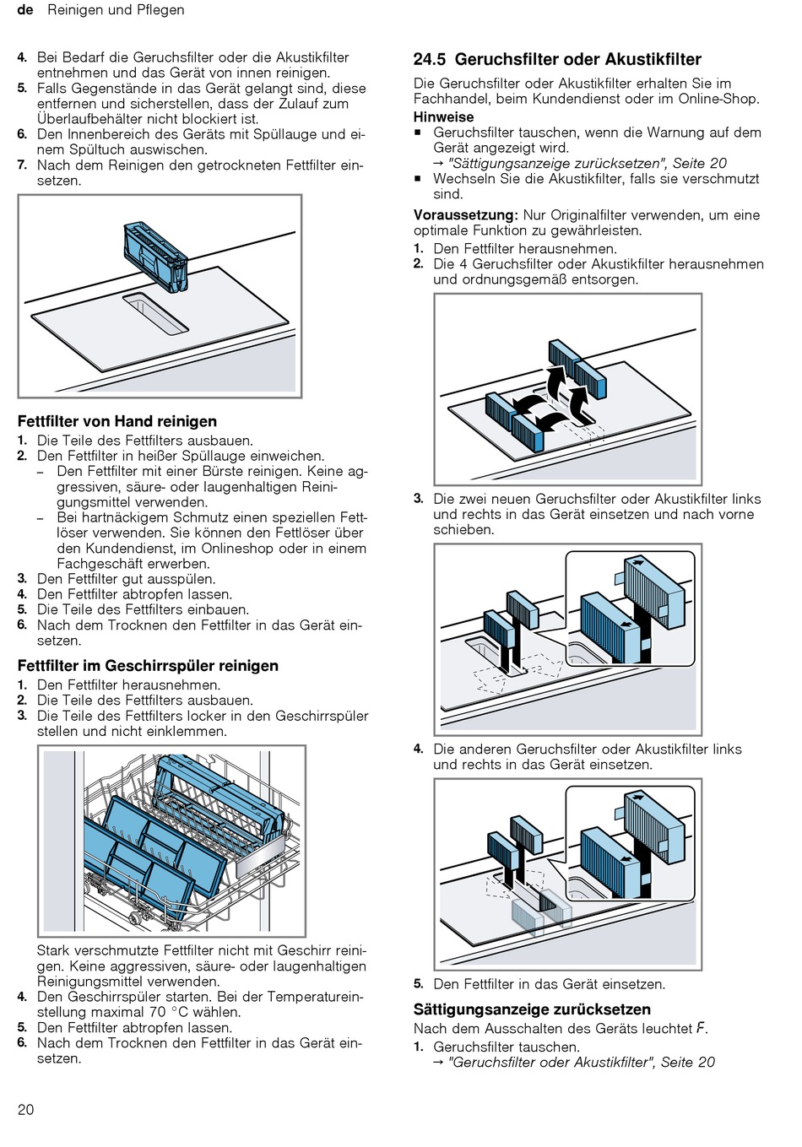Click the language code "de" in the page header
pyautogui.click(x=25, y=10)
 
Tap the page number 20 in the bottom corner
pyautogui.click(x=26, y=1109)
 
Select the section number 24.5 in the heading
pyautogui.click(x=430, y=60)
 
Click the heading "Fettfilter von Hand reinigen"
pyautogui.click(x=117, y=421)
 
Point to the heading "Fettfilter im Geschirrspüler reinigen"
pyautogui.click(x=148, y=666)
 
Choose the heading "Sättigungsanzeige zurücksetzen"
pyautogui.click(x=532, y=1009)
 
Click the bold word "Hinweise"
pyautogui.click(x=443, y=117)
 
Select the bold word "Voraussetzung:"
pyautogui.click(x=465, y=215)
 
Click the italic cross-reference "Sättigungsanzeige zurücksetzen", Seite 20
pyautogui.click(x=588, y=164)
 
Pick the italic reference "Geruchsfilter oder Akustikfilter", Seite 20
pyautogui.click(x=582, y=1063)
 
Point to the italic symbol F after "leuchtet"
pyautogui.click(x=701, y=1029)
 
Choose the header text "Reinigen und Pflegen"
pyautogui.click(x=116, y=10)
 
